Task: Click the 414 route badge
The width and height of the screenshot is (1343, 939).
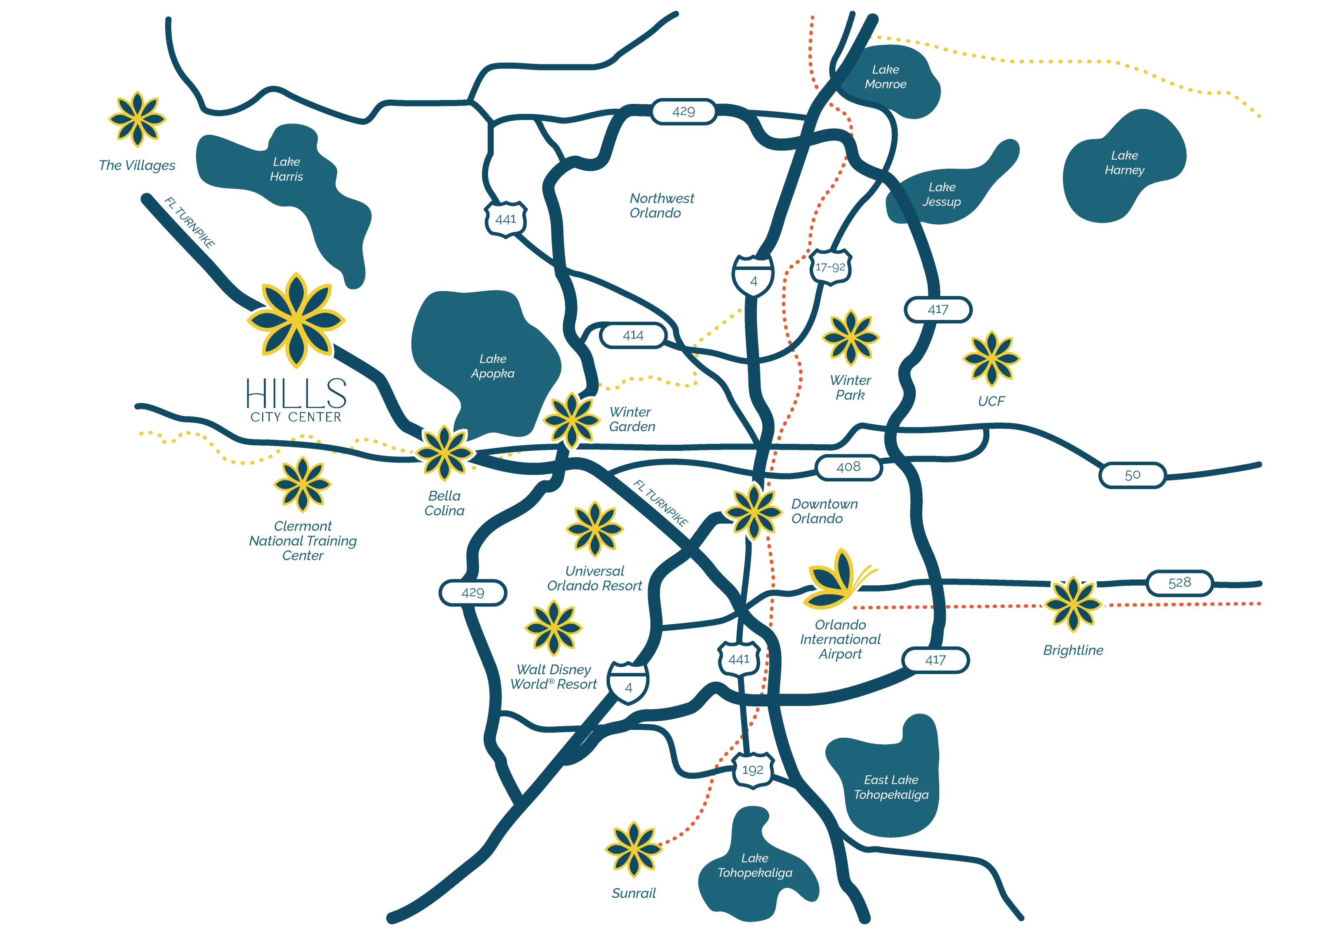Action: [633, 336]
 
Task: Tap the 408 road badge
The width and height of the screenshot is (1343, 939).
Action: [848, 467]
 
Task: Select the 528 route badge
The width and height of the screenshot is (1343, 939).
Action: [1179, 583]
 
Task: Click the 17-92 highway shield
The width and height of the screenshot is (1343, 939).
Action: [830, 267]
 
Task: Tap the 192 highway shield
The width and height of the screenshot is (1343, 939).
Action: [753, 770]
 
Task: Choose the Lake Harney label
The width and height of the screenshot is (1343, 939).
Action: [1124, 163]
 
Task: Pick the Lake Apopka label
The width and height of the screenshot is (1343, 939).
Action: [492, 366]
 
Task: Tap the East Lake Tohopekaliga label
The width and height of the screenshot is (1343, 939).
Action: [891, 787]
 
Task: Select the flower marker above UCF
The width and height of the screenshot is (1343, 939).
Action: [991, 358]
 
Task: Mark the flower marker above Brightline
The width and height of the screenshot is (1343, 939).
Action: [1073, 604]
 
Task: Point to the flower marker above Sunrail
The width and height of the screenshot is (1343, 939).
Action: [634, 849]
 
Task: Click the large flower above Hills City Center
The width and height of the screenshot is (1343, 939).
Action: [296, 320]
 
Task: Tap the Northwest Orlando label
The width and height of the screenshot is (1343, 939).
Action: [662, 205]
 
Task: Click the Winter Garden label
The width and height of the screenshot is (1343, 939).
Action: [632, 420]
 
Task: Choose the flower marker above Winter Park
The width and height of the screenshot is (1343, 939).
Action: [851, 338]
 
